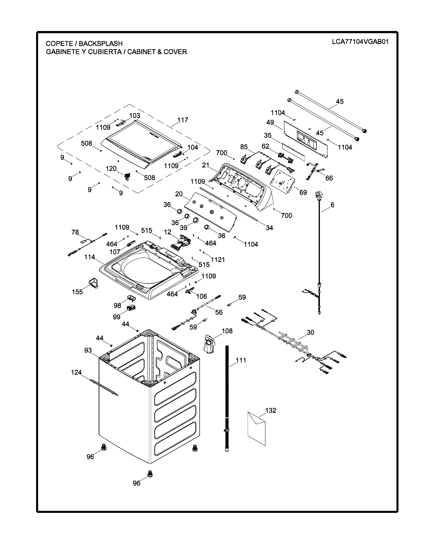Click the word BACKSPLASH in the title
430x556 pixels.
click(x=101, y=43)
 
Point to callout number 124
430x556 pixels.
click(x=76, y=373)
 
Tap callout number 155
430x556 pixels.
click(x=77, y=292)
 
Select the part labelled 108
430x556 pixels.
click(x=209, y=344)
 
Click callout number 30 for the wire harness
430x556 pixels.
click(x=310, y=332)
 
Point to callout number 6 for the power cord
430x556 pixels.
click(x=332, y=205)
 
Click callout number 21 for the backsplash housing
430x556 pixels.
click(x=206, y=165)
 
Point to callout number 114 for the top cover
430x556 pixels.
click(x=90, y=257)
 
